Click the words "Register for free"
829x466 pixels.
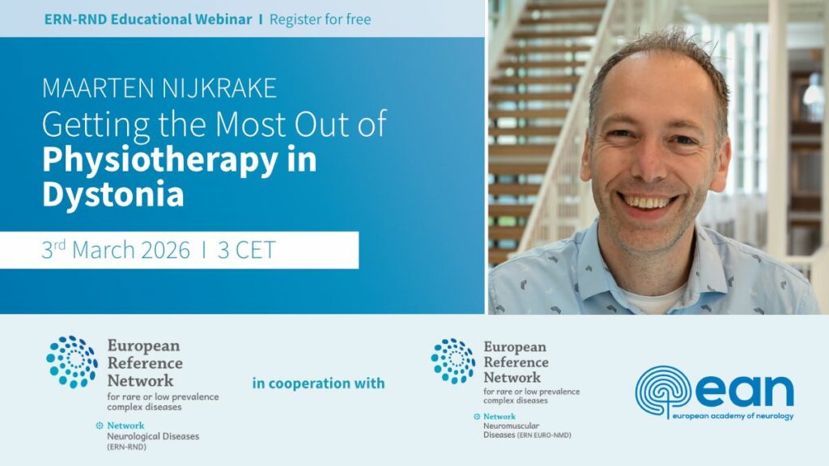(320, 19)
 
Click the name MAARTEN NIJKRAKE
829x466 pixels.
(159, 88)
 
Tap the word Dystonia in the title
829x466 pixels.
(113, 194)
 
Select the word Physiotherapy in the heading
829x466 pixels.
(159, 161)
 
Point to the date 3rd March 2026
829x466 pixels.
(116, 249)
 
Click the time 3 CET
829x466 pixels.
(246, 250)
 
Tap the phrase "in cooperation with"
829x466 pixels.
(318, 383)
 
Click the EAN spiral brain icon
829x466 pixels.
(663, 391)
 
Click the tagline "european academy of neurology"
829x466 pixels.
(733, 416)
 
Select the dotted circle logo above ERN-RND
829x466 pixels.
(72, 362)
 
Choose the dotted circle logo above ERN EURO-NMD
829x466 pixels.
(453, 362)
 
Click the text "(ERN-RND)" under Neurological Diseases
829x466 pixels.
(126, 447)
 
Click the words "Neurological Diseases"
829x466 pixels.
(153, 436)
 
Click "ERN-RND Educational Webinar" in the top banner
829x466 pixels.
(148, 19)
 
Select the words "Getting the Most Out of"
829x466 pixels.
(214, 125)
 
